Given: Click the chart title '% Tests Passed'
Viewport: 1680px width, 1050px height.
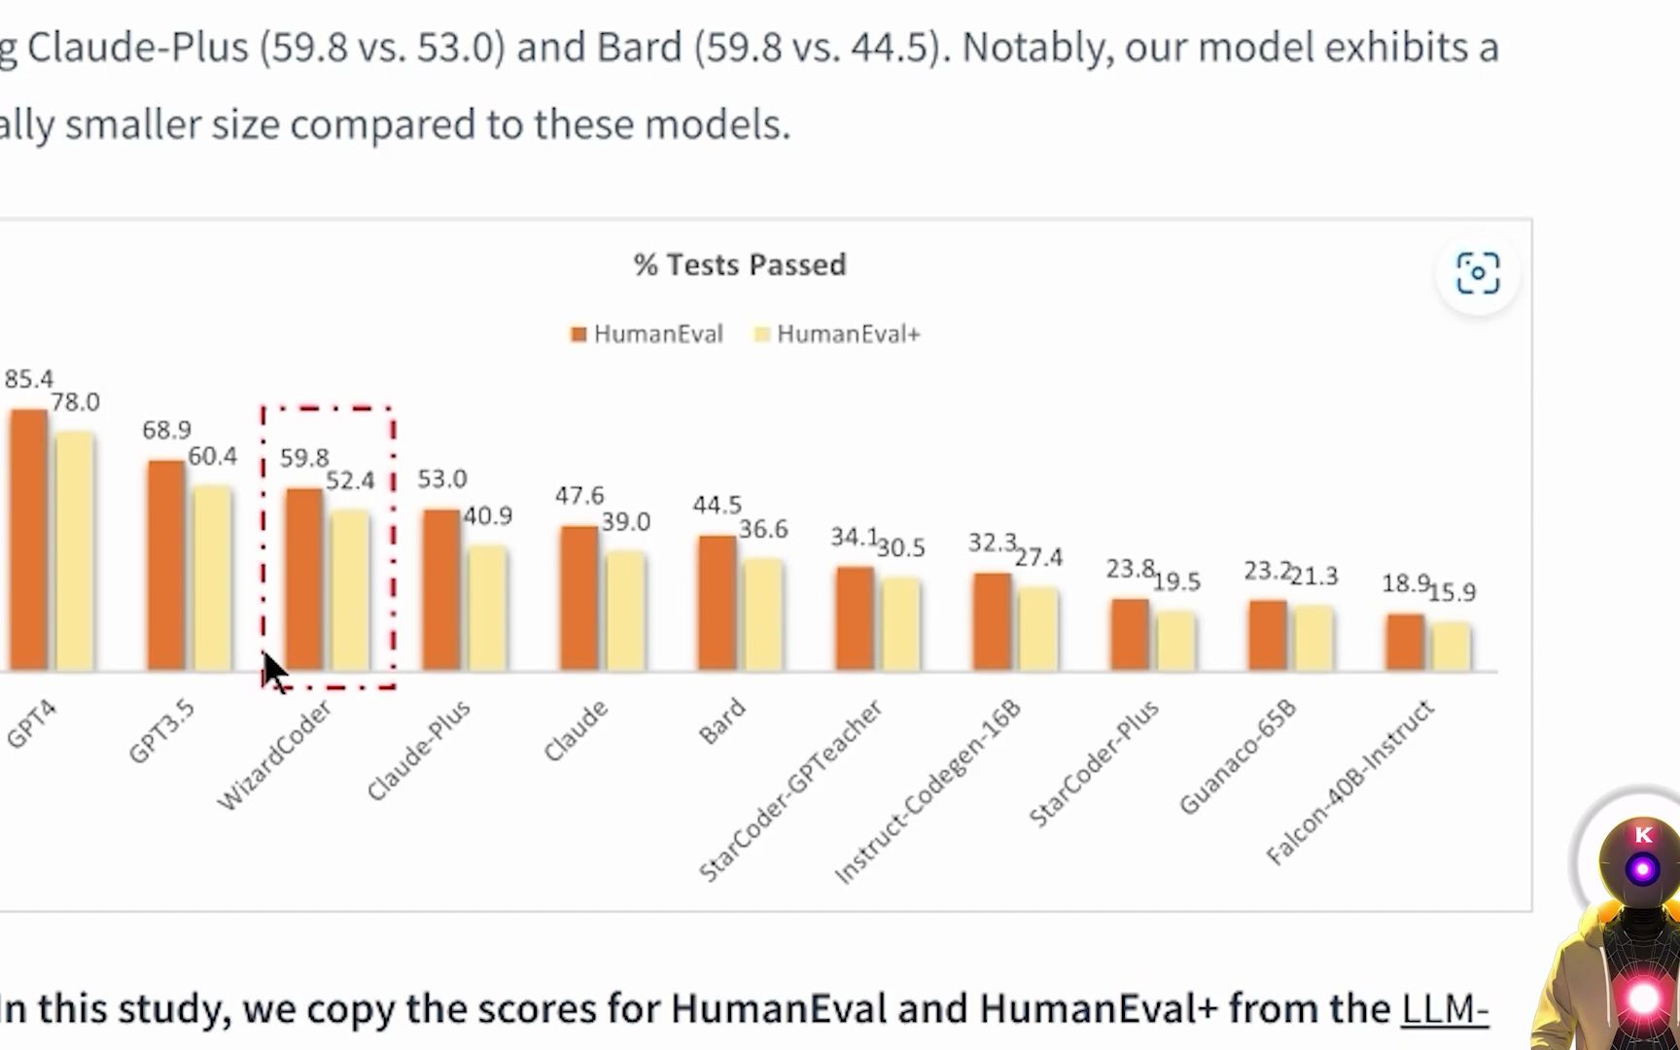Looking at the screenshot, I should [x=740, y=264].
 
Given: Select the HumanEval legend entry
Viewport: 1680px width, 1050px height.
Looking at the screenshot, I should [x=647, y=334].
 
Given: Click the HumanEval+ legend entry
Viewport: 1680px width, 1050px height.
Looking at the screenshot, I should [x=837, y=334].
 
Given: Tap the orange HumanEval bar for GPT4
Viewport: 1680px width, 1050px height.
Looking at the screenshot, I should [x=28, y=540].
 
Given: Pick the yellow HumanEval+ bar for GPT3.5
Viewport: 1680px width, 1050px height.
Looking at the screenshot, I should [x=212, y=577].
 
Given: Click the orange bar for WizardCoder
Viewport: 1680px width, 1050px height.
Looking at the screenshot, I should [x=304, y=579].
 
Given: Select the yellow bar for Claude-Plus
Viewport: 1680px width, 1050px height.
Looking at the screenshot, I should [x=487, y=608].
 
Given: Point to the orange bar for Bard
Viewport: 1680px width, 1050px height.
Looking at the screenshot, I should [x=717, y=603].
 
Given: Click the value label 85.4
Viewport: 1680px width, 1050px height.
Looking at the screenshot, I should [x=28, y=379].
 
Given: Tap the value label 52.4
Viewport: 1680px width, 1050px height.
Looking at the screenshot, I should [x=350, y=480].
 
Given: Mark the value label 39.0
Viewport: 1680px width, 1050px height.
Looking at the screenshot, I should [x=625, y=522].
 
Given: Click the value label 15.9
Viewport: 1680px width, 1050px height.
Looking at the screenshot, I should [x=1452, y=592].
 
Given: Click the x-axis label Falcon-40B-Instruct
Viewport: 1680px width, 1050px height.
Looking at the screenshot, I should [x=1350, y=782].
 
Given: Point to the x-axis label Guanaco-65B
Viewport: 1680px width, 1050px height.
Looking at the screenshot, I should [x=1238, y=756].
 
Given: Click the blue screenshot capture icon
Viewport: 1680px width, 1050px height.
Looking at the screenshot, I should [x=1478, y=273].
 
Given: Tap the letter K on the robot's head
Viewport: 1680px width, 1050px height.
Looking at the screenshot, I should [x=1644, y=835].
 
